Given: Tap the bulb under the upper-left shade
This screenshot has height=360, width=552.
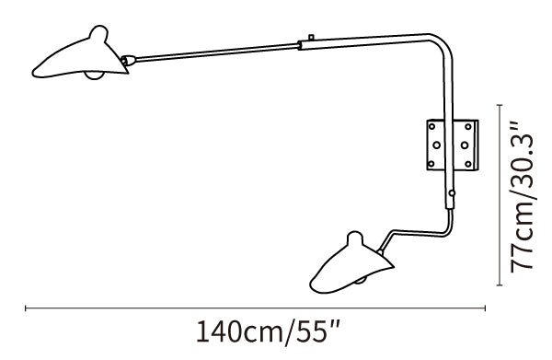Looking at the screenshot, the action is [95, 75].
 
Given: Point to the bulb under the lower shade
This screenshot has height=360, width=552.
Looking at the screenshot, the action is [360, 280].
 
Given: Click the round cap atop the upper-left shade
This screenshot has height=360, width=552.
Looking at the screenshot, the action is [98, 33].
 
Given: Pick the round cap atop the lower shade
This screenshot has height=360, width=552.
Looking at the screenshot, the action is [354, 238].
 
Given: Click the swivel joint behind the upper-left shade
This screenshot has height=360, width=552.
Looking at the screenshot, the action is [128, 61].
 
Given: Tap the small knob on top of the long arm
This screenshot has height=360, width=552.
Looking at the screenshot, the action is [311, 37].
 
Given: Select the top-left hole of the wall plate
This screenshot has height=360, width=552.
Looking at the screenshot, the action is [432, 126].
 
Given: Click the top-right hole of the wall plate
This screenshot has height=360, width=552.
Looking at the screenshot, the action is [468, 126].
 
